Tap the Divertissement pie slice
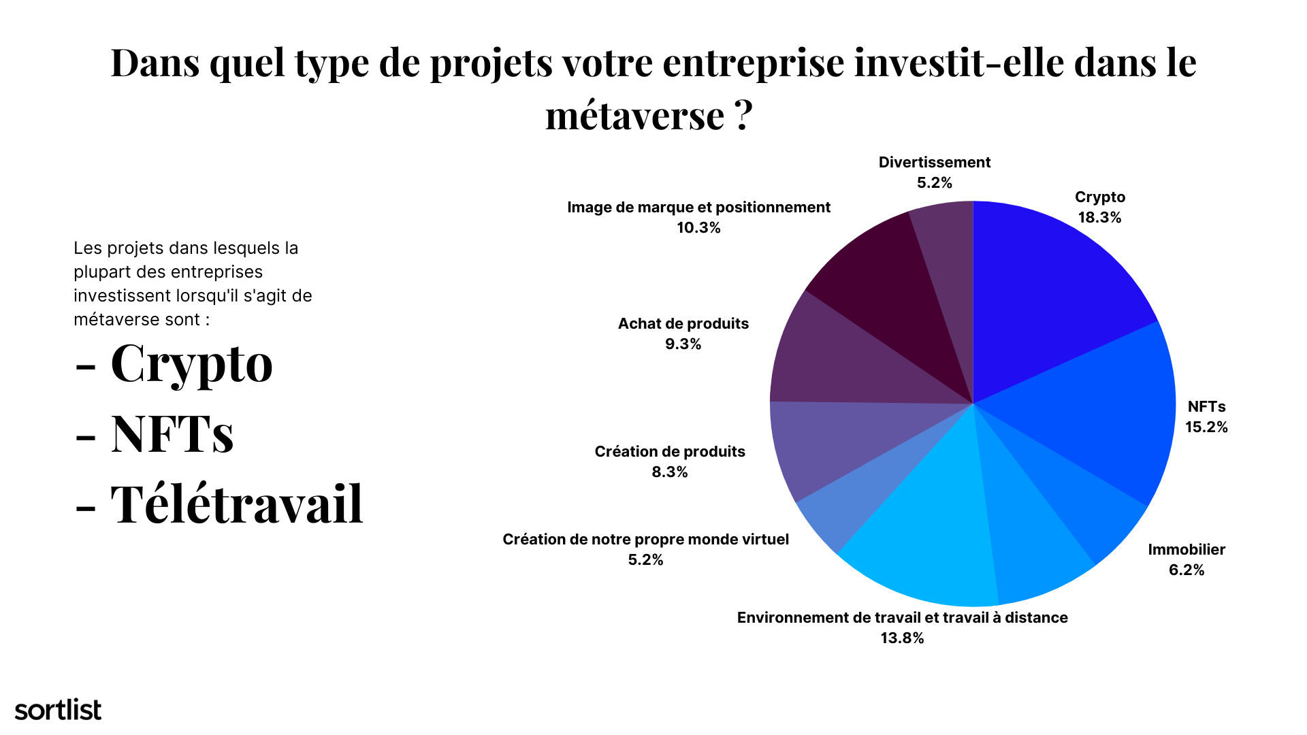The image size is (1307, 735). pyautogui.click(x=950, y=272)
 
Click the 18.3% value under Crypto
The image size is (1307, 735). pyautogui.click(x=1099, y=218)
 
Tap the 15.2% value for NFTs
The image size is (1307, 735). pyautogui.click(x=1206, y=427)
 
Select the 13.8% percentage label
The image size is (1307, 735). pyautogui.click(x=902, y=638)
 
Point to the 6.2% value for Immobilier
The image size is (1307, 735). pyautogui.click(x=1187, y=570)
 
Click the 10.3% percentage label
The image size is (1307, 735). pyautogui.click(x=698, y=228)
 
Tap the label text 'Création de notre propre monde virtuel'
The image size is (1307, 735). pyautogui.click(x=645, y=540)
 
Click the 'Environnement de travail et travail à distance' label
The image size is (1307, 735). pyautogui.click(x=902, y=618)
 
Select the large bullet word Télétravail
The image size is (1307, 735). pyautogui.click(x=237, y=505)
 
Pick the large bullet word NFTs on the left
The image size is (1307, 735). pyautogui.click(x=172, y=434)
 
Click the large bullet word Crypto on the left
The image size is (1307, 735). pyautogui.click(x=191, y=364)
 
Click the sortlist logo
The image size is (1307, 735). pyautogui.click(x=58, y=710)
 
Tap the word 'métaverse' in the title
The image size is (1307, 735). pyautogui.click(x=634, y=116)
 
